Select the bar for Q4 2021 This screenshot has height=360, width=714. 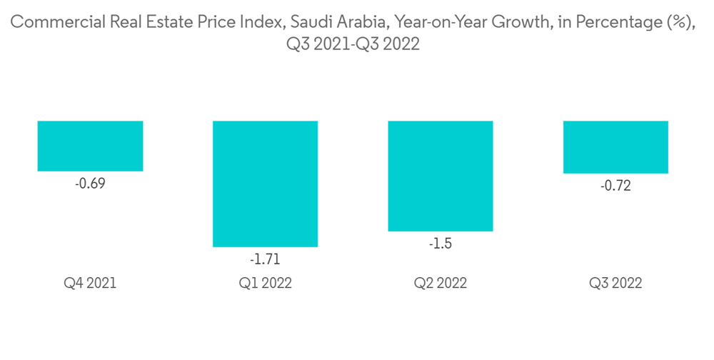[x=90, y=146]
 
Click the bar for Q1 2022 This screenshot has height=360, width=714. [x=265, y=184]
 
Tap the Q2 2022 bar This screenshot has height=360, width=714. [x=440, y=176]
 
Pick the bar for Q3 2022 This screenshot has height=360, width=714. [x=615, y=147]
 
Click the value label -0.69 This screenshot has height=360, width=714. [x=90, y=184]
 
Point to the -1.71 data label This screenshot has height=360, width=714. [x=265, y=259]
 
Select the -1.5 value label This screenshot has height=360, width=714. [x=440, y=244]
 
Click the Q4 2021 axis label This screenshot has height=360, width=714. [x=90, y=283]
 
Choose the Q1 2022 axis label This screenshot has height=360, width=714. [x=265, y=283]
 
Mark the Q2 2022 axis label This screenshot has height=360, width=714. [x=440, y=283]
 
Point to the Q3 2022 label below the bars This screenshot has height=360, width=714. [x=615, y=283]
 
